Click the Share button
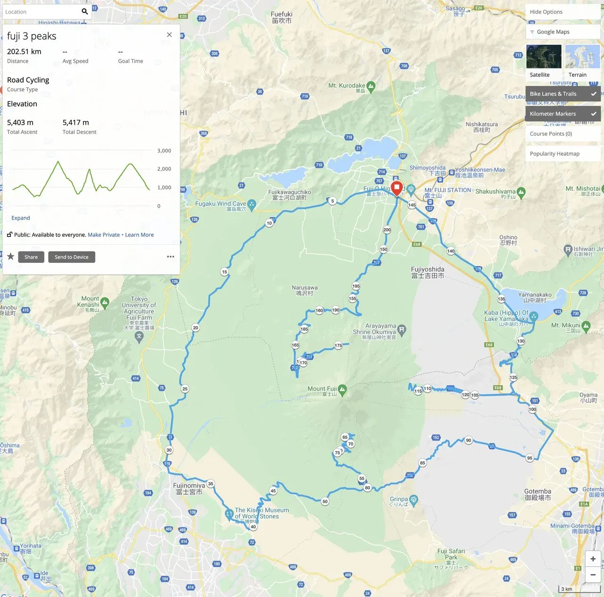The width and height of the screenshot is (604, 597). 31,257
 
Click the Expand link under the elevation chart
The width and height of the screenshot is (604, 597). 21,218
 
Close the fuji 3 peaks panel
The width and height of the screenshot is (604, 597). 169,35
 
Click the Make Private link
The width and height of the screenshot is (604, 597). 104,235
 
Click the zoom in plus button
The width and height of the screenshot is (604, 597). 593,559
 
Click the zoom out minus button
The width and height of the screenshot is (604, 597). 593,575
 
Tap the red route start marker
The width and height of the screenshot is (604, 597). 397,188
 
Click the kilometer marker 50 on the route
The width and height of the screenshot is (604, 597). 325,502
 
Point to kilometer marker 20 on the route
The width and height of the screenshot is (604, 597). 196,328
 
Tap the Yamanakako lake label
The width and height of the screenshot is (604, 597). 535,297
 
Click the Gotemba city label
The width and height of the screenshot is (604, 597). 537,495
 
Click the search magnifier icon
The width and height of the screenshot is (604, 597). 85,12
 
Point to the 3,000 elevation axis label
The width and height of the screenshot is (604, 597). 164,151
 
